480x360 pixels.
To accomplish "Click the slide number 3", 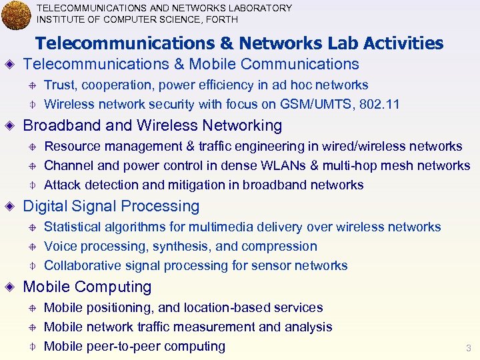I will click(468, 348).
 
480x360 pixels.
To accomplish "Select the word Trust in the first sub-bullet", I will click(59, 85).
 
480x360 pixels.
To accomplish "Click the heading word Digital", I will click(44, 207).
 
